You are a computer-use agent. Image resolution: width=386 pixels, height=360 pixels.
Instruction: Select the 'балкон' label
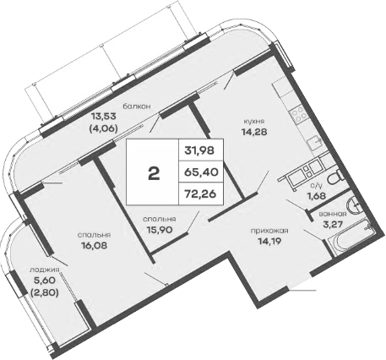pyautogui.click(x=136, y=106)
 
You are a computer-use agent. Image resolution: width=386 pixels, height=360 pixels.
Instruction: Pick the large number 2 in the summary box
pyautogui.click(x=153, y=174)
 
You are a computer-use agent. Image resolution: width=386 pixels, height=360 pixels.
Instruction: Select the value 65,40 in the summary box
pyautogui.click(x=199, y=174)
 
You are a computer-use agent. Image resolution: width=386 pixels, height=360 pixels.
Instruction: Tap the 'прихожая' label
pyautogui.click(x=269, y=231)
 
